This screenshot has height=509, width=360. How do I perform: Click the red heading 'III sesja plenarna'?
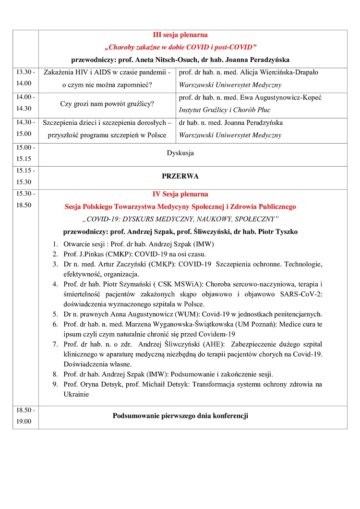click(180, 35)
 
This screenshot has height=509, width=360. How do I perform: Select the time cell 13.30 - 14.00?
click(25, 77)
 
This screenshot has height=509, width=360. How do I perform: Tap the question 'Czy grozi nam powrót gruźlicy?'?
click(107, 104)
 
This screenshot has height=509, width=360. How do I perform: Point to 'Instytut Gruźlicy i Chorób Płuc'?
click(225, 110)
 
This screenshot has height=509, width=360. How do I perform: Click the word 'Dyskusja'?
click(180, 153)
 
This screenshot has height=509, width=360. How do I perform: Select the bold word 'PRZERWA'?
click(180, 176)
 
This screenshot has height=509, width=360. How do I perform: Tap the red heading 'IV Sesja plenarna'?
click(180, 194)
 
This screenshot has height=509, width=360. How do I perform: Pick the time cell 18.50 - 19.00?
click(25, 416)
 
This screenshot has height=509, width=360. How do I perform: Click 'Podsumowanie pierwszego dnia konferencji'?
click(180, 416)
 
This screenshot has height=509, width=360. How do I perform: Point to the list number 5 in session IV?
click(55, 315)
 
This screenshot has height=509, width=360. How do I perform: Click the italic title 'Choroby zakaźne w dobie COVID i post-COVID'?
click(180, 48)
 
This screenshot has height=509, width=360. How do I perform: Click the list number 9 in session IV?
click(55, 385)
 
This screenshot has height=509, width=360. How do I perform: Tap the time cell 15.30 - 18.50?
click(25, 199)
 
